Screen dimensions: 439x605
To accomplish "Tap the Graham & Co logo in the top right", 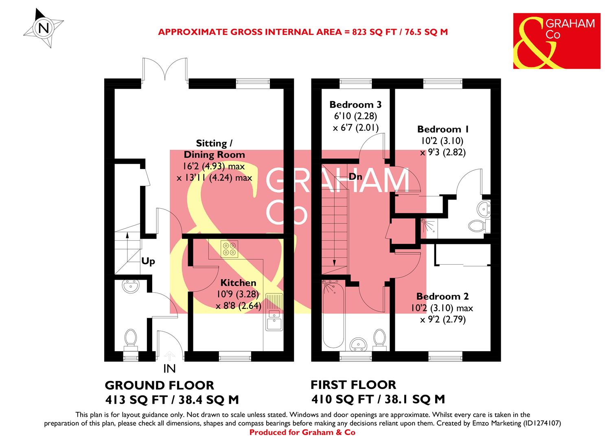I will coord(556,41).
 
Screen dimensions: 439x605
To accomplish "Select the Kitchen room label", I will coord(238,283).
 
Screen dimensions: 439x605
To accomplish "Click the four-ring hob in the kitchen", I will coord(229,249).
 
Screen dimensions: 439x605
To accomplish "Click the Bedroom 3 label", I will coord(355,104).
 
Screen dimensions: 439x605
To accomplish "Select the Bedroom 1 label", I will coord(443,129).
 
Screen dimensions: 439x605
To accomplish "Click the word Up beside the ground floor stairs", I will coord(148,261).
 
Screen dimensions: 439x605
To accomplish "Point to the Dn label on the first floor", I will coord(355,177).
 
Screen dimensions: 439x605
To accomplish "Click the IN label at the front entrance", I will coord(169,369).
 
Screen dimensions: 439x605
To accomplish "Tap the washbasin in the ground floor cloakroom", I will coord(131,287).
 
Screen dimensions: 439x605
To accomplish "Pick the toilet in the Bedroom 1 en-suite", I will coord(476,226).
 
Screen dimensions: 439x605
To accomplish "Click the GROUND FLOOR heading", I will coord(160,385).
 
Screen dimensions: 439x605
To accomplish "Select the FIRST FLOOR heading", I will coord(353,385).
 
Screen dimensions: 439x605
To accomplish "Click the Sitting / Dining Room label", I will coord(214,149).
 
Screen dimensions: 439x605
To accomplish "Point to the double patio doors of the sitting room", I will coord(165,70).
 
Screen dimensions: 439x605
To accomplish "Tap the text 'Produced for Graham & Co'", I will coord(302,432).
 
